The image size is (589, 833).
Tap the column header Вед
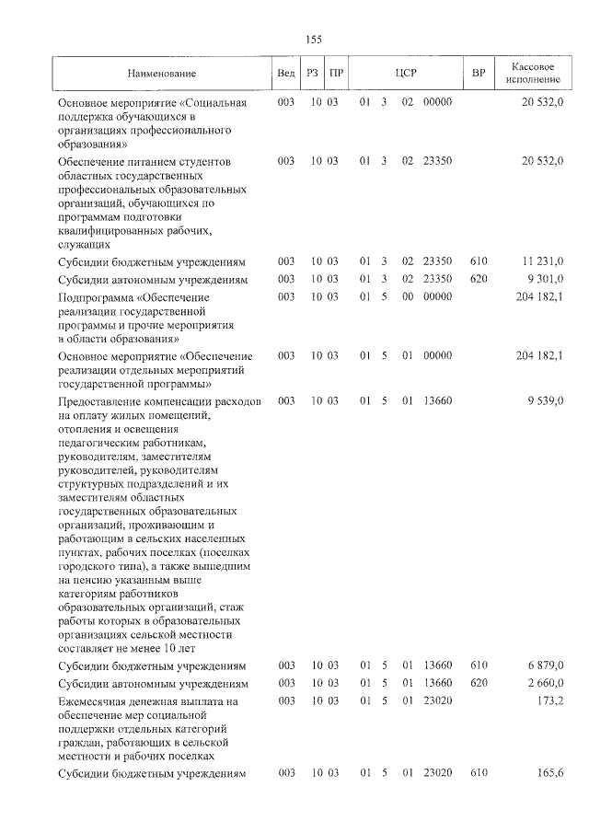point(286,73)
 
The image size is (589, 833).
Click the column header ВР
point(478,73)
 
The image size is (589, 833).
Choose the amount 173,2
point(551,701)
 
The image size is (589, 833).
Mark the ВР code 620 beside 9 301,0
point(478,279)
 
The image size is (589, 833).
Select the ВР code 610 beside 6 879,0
point(478,665)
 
